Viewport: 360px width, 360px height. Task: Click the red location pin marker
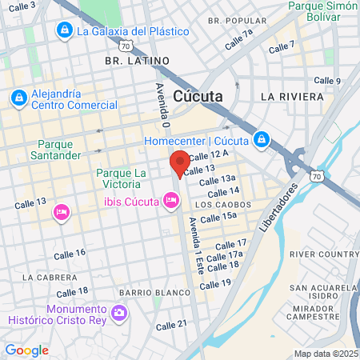[x=179, y=163]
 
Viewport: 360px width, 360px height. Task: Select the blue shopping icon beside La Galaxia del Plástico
[x=64, y=30]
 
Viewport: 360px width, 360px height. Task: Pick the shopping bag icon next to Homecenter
[x=261, y=142]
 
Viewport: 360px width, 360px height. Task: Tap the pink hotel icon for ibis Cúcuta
[x=170, y=200]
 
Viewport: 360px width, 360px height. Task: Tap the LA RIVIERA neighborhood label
[x=292, y=96]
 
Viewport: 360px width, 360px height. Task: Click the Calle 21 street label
[x=171, y=324]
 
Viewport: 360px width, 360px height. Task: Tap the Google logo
[x=26, y=350]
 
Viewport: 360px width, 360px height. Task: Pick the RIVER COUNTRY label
[x=324, y=254]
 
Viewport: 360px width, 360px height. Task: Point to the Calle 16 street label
[x=70, y=254]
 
